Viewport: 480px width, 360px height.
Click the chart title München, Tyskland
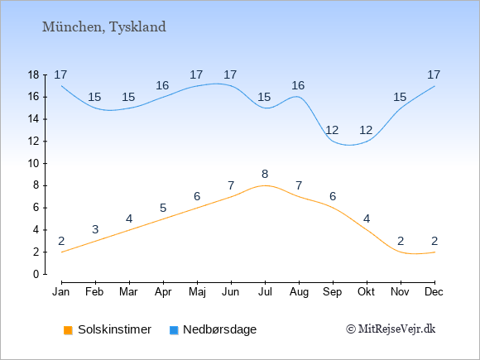104,27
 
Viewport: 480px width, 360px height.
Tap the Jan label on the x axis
61,292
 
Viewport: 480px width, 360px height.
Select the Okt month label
366,292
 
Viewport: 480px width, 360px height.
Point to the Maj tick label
197,292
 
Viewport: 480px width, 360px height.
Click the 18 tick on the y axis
33,75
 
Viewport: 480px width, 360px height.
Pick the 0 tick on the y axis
36,274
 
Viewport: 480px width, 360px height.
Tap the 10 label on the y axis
33,164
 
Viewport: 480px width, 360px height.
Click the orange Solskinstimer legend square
68,330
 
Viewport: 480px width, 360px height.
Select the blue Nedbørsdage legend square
174,330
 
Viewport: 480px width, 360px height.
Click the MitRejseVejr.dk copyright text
391,329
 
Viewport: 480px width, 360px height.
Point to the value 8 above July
265,174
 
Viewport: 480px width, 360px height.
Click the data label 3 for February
95,229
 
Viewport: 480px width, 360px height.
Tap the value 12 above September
332,131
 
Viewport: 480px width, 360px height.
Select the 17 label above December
434,74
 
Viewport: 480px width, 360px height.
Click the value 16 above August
298,86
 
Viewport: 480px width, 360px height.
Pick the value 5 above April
163,209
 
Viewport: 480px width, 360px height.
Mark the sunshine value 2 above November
401,241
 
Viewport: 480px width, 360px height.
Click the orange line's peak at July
265,185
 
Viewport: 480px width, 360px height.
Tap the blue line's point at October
367,142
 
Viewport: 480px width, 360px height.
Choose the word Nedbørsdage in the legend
220,329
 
